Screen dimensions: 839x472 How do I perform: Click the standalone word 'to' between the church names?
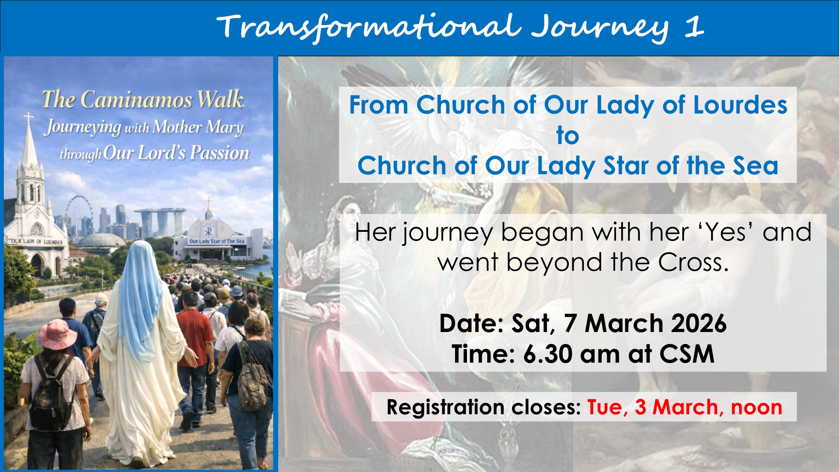pyautogui.click(x=568, y=136)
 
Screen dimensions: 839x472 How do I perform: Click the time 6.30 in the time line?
pyautogui.click(x=548, y=354)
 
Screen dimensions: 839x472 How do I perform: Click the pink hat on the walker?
pyautogui.click(x=58, y=334)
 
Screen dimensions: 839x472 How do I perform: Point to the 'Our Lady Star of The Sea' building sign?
pyautogui.click(x=217, y=241)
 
